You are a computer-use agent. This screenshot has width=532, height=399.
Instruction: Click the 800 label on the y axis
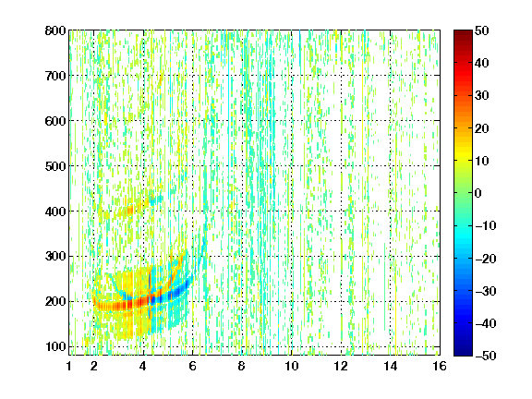click(55, 30)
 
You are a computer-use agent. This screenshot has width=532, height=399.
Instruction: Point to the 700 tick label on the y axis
click(55, 76)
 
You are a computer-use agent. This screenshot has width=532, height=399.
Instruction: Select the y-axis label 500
click(55, 166)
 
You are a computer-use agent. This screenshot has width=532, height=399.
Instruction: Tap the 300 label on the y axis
click(55, 257)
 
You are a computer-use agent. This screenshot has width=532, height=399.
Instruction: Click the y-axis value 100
click(55, 346)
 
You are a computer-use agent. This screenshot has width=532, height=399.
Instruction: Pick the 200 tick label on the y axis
click(55, 302)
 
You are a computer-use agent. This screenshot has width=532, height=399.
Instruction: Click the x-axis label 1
click(69, 366)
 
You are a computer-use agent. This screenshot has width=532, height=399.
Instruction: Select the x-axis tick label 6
click(193, 366)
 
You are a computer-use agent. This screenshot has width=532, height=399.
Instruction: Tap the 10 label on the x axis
click(292, 366)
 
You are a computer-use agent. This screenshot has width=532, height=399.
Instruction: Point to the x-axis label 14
click(391, 366)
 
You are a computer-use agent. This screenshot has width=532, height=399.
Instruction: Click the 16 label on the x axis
click(440, 366)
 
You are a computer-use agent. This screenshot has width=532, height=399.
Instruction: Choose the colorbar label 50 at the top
click(482, 30)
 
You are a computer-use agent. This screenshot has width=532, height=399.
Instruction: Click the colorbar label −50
click(486, 356)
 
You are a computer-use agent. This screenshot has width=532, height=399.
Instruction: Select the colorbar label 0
click(478, 193)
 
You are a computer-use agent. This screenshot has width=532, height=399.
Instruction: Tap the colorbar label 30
click(482, 95)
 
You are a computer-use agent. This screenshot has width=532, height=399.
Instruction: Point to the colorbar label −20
click(486, 259)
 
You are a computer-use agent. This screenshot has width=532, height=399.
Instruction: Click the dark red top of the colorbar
click(463, 36)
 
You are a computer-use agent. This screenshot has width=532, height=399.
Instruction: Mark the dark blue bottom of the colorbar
click(463, 349)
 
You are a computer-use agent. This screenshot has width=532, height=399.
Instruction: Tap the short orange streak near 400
click(130, 211)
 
